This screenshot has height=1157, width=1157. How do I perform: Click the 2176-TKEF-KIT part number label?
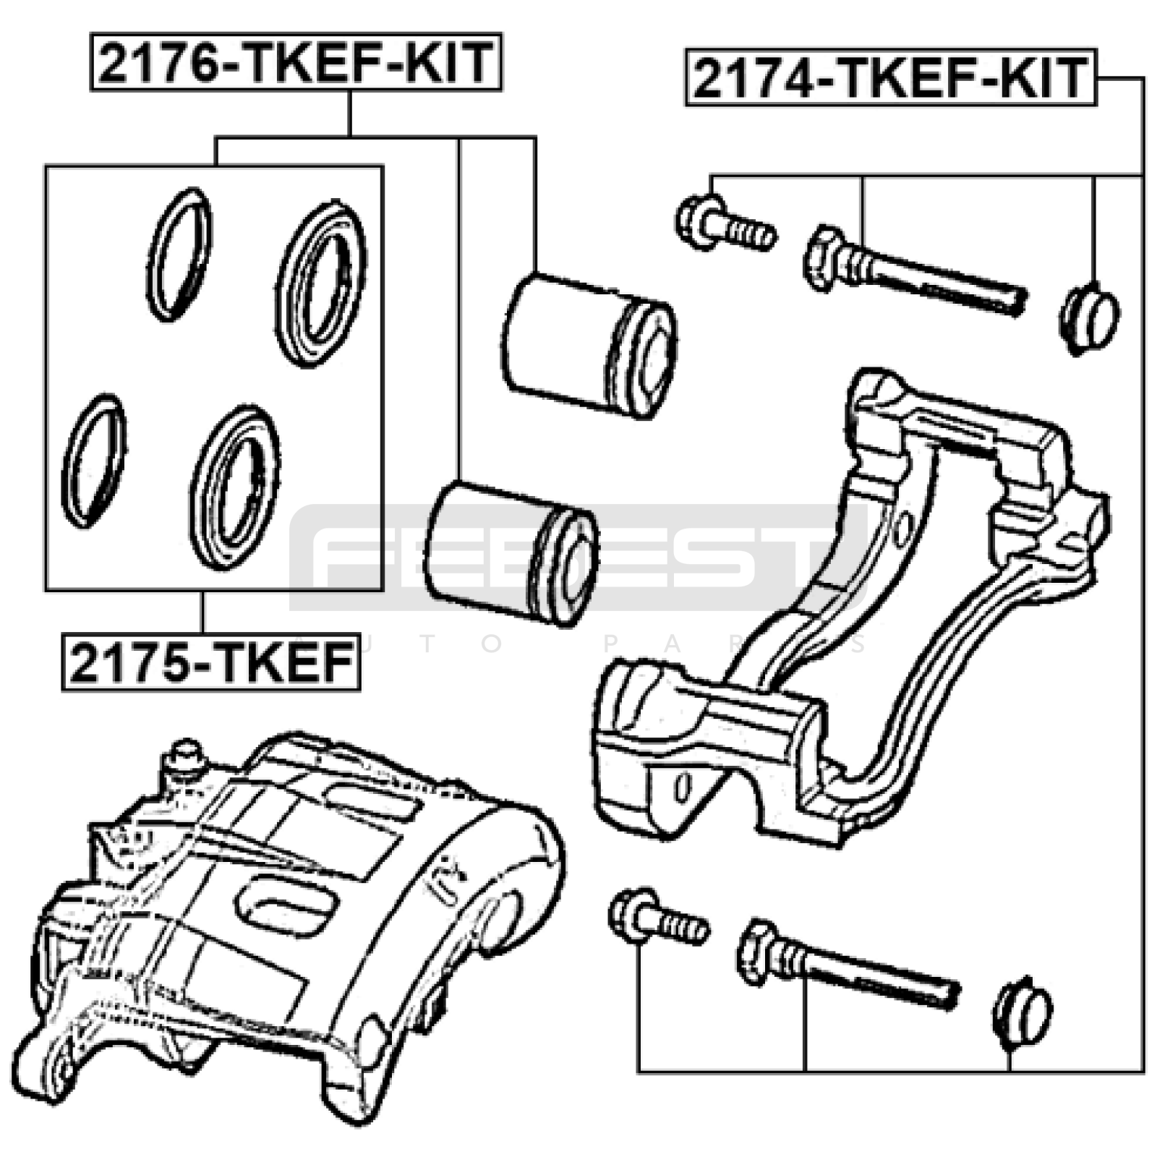click(x=296, y=62)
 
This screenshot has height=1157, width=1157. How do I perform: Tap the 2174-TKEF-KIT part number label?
click(x=890, y=78)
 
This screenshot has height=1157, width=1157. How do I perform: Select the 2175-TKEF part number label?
click(x=211, y=662)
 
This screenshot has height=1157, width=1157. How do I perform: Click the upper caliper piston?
click(x=589, y=346)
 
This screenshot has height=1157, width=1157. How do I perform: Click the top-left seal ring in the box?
click(x=179, y=254)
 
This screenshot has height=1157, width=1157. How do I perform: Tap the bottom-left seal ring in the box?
click(x=94, y=461)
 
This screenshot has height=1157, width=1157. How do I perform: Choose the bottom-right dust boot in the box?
click(x=235, y=487)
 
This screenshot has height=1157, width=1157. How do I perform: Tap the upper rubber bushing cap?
click(x=1090, y=319)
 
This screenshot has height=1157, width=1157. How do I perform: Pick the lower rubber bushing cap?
click(x=1022, y=1012)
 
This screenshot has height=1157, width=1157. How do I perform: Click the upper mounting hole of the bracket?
click(x=902, y=530)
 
